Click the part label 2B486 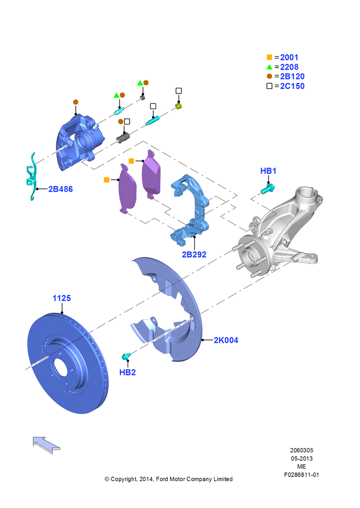click(x=61, y=189)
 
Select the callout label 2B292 click(x=194, y=255)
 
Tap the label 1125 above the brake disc click(x=62, y=298)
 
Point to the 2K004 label click(x=226, y=340)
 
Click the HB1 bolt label click(x=268, y=171)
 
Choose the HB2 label click(x=128, y=372)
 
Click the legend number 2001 click(x=289, y=57)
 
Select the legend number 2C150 click(x=292, y=86)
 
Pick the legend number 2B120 click(x=292, y=77)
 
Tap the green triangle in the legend click(x=269, y=67)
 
